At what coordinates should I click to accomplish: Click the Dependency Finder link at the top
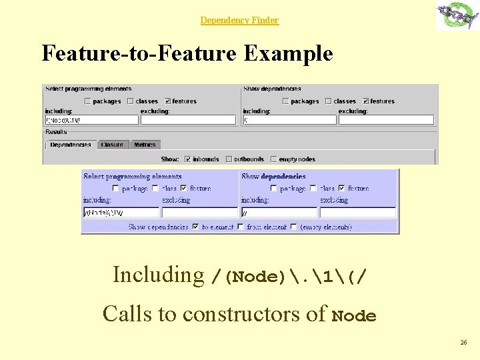(x=239, y=21)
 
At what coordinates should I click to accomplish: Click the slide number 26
(x=463, y=343)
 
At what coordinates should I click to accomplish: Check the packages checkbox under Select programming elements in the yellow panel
(x=87, y=101)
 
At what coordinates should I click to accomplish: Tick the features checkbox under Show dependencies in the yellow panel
(x=365, y=101)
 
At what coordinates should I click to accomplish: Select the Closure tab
(x=112, y=145)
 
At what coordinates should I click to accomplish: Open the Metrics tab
(x=144, y=145)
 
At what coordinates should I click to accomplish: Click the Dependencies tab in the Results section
(x=70, y=145)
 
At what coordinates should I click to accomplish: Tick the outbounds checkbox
(x=228, y=159)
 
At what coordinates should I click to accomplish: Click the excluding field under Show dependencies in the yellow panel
(x=386, y=120)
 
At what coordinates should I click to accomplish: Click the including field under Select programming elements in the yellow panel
(x=91, y=120)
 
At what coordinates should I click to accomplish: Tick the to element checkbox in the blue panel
(x=195, y=227)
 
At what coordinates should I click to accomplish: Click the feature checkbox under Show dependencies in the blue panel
(x=342, y=189)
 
